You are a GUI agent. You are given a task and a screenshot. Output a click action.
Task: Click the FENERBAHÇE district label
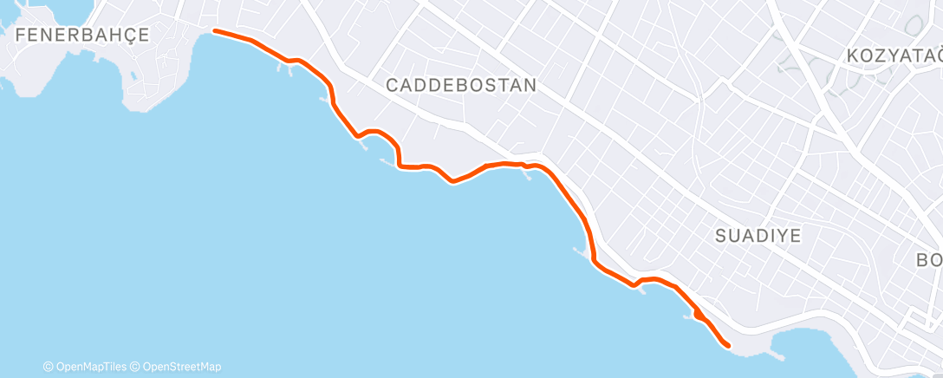[x=82, y=35]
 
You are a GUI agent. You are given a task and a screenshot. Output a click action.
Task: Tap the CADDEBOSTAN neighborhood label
[x=461, y=86]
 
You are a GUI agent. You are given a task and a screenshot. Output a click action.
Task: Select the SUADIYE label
[x=758, y=235]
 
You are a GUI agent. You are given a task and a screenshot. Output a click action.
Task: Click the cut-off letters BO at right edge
[x=929, y=260]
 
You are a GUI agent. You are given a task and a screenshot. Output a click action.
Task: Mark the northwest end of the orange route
[x=215, y=31]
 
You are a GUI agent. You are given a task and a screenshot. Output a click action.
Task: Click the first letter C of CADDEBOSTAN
[x=392, y=86]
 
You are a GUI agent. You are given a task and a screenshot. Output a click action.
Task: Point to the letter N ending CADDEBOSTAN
[x=530, y=86]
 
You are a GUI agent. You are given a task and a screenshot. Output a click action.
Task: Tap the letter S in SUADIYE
[x=723, y=235]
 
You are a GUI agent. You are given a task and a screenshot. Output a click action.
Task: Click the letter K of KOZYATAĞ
[x=854, y=55]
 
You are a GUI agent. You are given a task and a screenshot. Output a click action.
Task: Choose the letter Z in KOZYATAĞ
[x=884, y=55]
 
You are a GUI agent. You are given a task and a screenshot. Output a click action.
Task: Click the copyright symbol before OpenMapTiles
[x=49, y=366]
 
